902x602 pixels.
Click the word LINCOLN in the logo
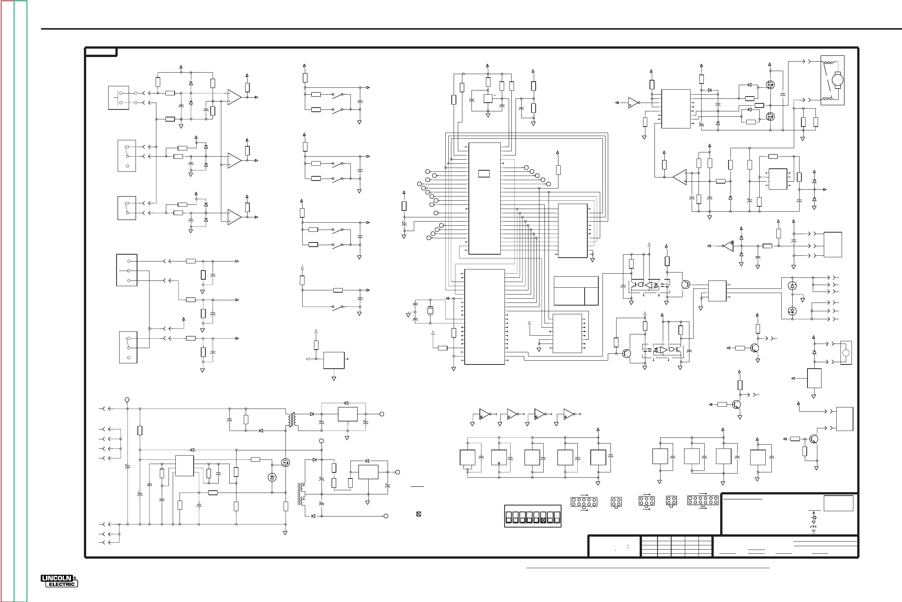pyautogui.click(x=57, y=578)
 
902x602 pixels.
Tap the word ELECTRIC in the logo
pyautogui.click(x=62, y=585)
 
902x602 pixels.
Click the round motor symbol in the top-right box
pyautogui.click(x=837, y=80)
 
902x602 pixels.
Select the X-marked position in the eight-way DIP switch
pyautogui.click(x=543, y=520)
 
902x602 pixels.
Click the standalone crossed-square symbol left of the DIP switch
pyautogui.click(x=419, y=514)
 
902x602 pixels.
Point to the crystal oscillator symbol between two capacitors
pyautogui.click(x=430, y=311)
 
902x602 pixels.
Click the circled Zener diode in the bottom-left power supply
pyautogui.click(x=272, y=477)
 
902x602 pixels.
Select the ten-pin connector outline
pyautogui.click(x=584, y=502)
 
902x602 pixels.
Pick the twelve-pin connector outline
pyautogui.click(x=703, y=500)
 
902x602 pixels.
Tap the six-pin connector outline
pyautogui.click(x=647, y=501)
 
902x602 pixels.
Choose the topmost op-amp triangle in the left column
pyautogui.click(x=234, y=97)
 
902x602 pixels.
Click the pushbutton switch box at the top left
pyautogui.click(x=118, y=98)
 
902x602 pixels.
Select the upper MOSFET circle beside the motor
pyautogui.click(x=770, y=85)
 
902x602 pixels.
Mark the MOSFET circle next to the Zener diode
pyautogui.click(x=285, y=463)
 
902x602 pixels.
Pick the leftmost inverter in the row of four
pyautogui.click(x=485, y=414)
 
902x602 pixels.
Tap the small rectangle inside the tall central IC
pyautogui.click(x=484, y=174)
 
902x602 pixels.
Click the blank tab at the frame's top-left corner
pyautogui.click(x=101, y=52)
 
